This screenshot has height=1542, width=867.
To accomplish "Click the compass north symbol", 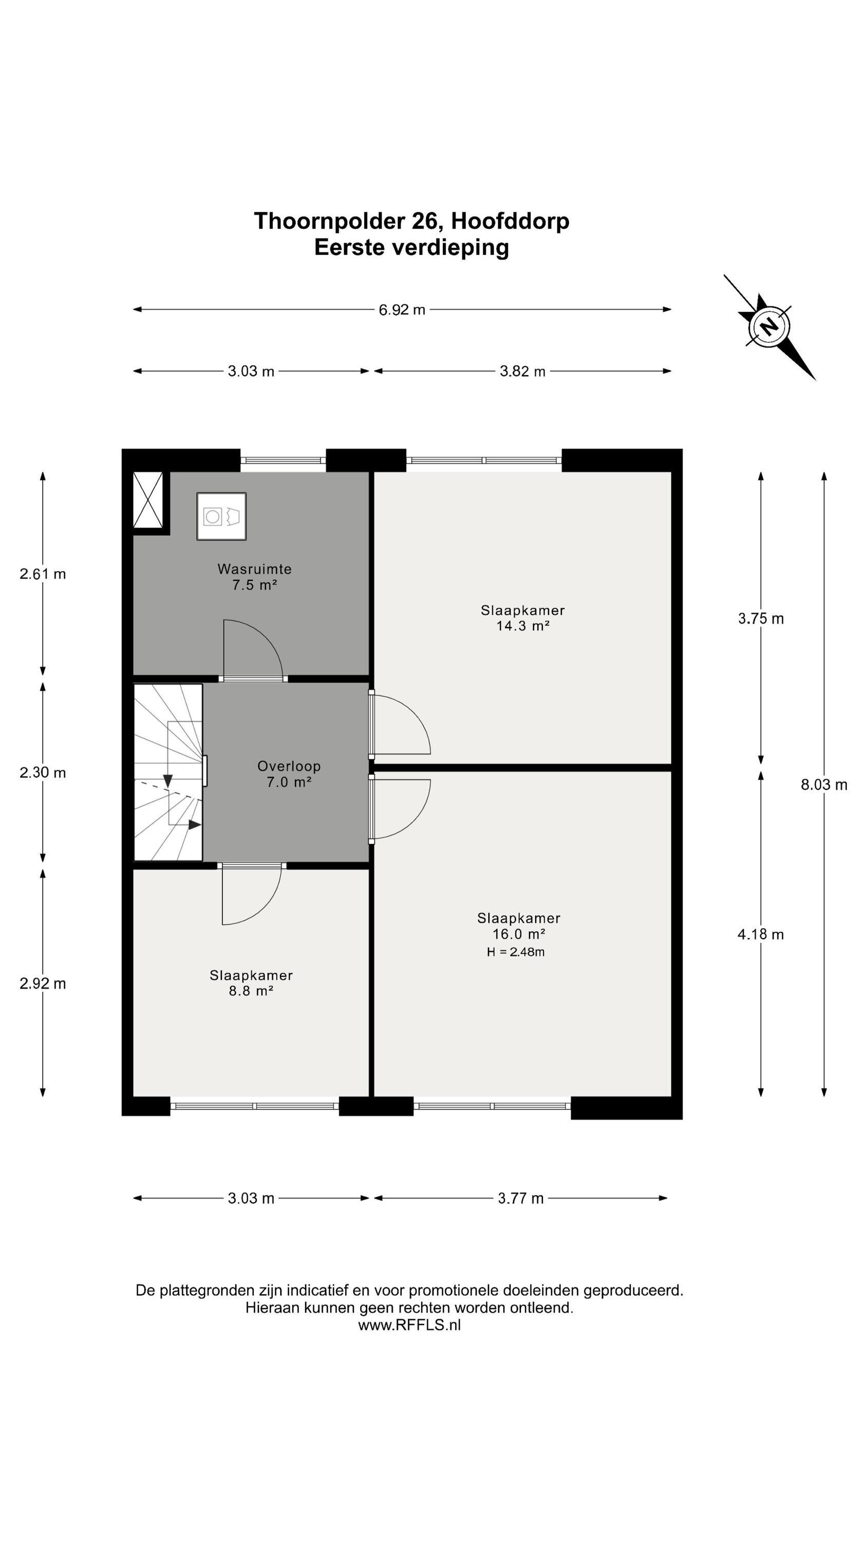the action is pyautogui.click(x=769, y=327).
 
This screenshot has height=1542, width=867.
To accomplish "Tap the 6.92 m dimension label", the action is pyautogui.click(x=402, y=309).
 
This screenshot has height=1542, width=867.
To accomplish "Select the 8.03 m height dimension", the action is pyautogui.click(x=824, y=785).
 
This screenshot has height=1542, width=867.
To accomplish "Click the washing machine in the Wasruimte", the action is pyautogui.click(x=221, y=516).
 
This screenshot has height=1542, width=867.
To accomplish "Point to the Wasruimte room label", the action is pyautogui.click(x=254, y=568).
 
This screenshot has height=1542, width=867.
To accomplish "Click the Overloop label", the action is pyautogui.click(x=289, y=766).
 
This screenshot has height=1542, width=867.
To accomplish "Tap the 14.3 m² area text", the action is pyautogui.click(x=523, y=626).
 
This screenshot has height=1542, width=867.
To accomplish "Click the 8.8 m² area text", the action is pyautogui.click(x=251, y=990).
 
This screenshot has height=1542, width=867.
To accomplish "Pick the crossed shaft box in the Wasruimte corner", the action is pyautogui.click(x=148, y=500).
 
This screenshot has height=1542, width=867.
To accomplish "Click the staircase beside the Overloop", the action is pyautogui.click(x=167, y=772).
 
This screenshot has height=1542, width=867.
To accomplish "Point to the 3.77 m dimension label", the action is pyautogui.click(x=520, y=1198).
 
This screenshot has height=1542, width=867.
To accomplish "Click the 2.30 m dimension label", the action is pyautogui.click(x=43, y=773).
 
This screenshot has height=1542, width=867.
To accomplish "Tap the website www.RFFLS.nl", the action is pyautogui.click(x=409, y=1325).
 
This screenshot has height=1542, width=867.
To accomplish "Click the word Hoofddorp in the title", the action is pyautogui.click(x=510, y=221).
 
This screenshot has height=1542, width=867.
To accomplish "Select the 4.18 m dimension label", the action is pyautogui.click(x=761, y=934).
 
